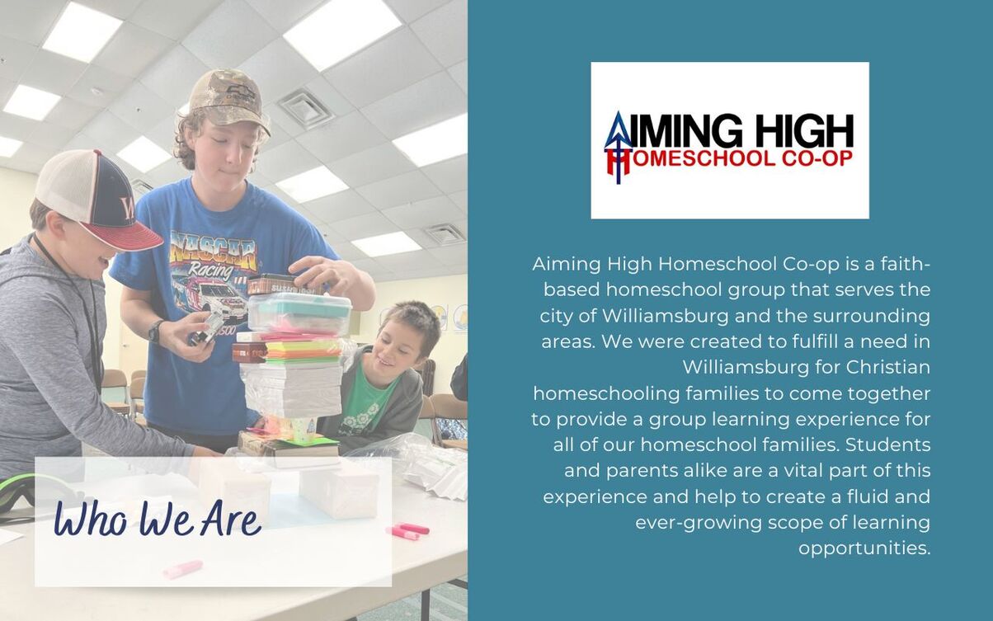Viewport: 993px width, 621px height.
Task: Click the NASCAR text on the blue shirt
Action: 215,252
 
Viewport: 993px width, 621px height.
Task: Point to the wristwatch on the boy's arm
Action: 156,332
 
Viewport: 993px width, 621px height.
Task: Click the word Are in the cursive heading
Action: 231,518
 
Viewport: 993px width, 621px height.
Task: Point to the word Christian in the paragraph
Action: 887,368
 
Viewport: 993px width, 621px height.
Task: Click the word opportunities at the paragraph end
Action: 864,548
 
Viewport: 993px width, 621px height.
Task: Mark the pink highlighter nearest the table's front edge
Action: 183,569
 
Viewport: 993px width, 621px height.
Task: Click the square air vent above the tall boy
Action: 305,108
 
